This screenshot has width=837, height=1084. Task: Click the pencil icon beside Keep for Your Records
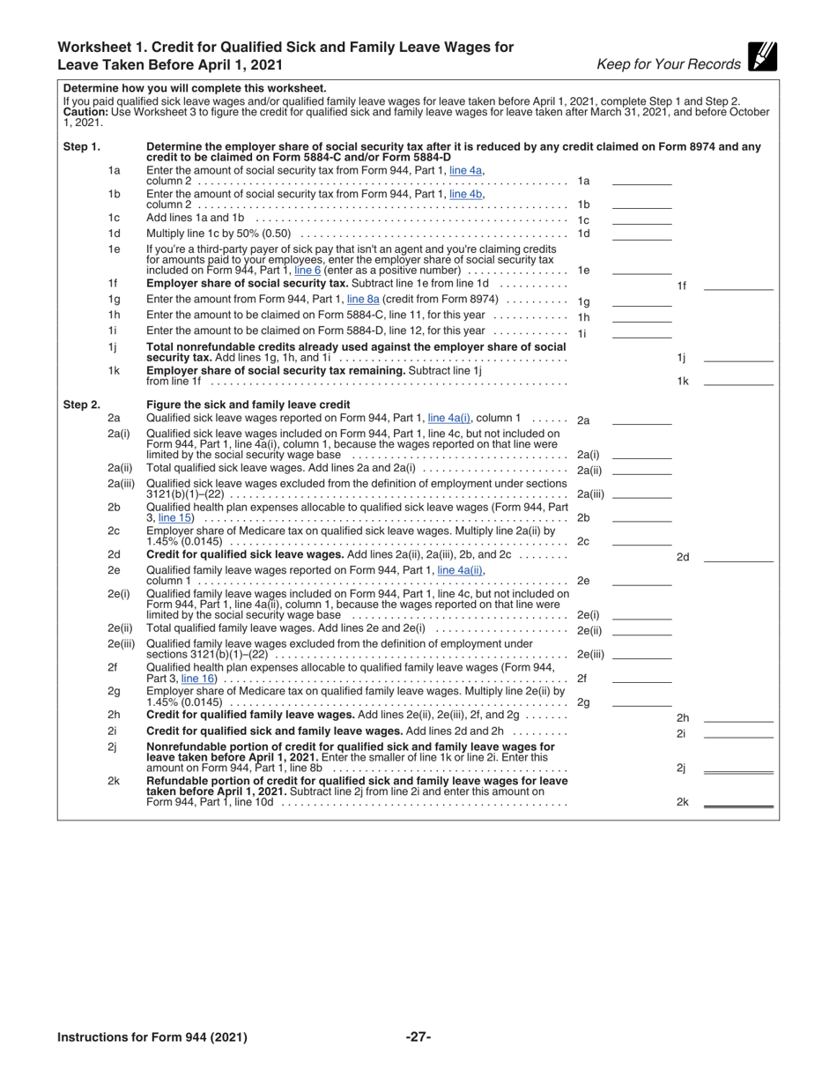point(762,56)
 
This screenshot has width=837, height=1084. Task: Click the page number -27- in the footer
point(418,1036)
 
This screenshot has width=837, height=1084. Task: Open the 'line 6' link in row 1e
point(307,270)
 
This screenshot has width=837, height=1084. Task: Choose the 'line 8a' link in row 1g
point(363,300)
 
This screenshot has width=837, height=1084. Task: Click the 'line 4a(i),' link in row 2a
point(449,419)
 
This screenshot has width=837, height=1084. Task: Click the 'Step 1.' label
point(82,147)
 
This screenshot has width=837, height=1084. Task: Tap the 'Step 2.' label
point(82,405)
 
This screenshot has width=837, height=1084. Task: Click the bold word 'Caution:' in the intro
point(85,113)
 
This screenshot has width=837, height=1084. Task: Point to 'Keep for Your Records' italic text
point(669,64)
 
